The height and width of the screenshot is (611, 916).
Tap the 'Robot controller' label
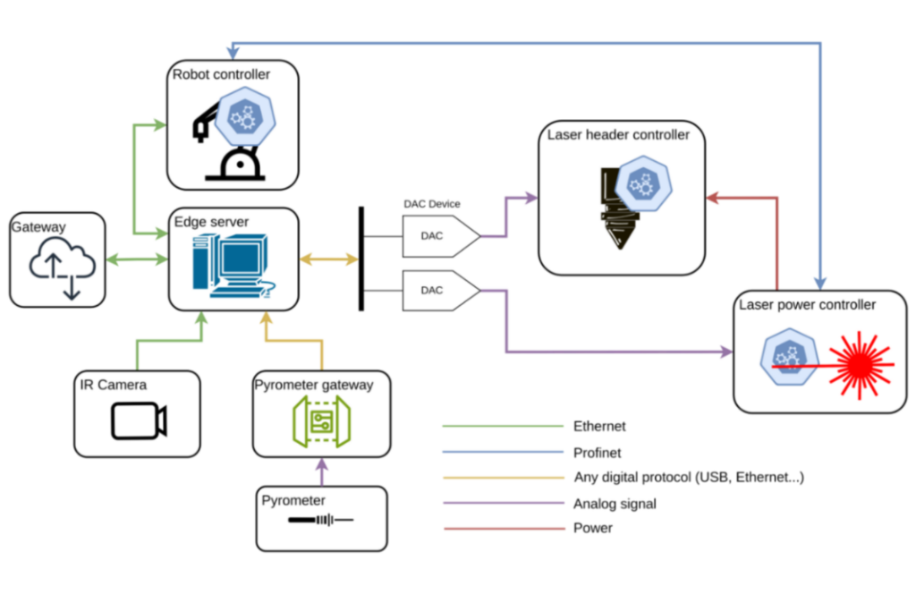click(x=222, y=75)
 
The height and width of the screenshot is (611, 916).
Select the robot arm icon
click(x=225, y=143)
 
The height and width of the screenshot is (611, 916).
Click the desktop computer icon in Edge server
click(x=231, y=263)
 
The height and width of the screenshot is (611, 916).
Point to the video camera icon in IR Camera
click(x=139, y=420)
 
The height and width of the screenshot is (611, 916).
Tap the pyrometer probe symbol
click(x=320, y=520)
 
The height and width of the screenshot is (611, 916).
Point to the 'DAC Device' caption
click(x=431, y=205)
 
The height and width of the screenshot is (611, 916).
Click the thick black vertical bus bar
click(x=361, y=259)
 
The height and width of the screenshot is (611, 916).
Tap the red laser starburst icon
click(x=861, y=365)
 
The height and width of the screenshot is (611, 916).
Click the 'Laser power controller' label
click(x=807, y=305)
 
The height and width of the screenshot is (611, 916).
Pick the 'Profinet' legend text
click(x=597, y=453)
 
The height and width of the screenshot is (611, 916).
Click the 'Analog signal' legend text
click(x=615, y=504)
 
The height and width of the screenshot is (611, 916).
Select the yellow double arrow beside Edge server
click(x=328, y=260)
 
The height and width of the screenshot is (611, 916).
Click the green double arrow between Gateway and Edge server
click(x=137, y=260)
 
